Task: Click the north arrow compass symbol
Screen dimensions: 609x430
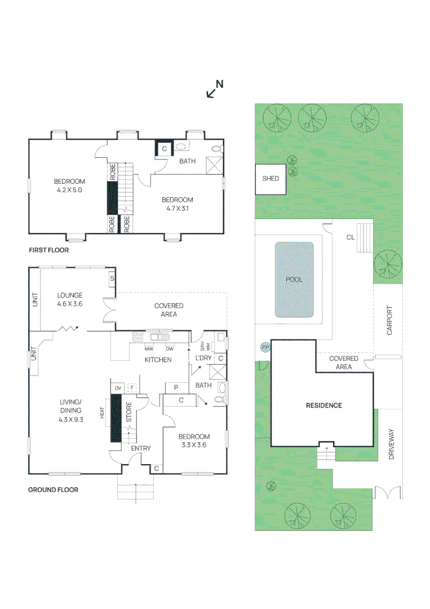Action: coord(214,89)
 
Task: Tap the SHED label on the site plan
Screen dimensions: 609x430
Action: coord(271,179)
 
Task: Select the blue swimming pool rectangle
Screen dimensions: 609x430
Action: coord(294,279)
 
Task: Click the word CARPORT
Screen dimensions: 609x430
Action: coord(389,321)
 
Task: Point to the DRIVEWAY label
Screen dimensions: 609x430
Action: coord(392,445)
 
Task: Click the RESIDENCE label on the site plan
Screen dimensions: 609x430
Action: coord(323,405)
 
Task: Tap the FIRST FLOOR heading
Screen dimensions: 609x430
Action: coord(48,250)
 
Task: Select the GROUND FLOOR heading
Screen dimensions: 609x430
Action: coord(53,490)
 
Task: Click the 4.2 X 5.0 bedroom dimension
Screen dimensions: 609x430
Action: coord(69,191)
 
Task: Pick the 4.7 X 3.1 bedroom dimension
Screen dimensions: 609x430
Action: coord(178,209)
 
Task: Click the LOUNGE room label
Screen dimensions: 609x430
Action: coord(70,295)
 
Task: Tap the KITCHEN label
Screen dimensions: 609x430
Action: coord(158,360)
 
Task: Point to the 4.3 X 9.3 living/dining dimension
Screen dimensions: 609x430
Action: coord(71,420)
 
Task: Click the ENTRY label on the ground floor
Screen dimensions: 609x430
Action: coord(140,449)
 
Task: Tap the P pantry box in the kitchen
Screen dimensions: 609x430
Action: coord(175,387)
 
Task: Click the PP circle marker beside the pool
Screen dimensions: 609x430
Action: coord(264,347)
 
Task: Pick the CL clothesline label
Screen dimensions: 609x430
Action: coord(351,237)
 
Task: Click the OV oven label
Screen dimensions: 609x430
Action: coord(118,388)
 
